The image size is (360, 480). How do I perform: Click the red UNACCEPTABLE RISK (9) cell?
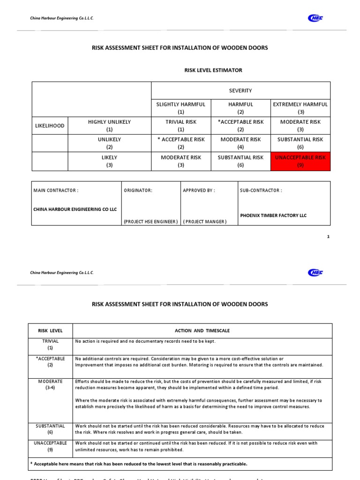click(x=300, y=161)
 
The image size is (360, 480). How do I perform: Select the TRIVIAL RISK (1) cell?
click(x=181, y=126)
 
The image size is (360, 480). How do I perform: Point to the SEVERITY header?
click(x=240, y=90)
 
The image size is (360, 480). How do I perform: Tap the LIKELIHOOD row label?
click(x=50, y=126)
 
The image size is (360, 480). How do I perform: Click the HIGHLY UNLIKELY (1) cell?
click(x=109, y=126)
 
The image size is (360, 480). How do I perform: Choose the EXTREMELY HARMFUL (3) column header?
click(x=300, y=108)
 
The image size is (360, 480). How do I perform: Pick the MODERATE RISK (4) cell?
click(x=240, y=143)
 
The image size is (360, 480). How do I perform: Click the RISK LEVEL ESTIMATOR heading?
click(x=213, y=70)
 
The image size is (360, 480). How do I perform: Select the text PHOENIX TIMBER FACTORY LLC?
click(x=273, y=215)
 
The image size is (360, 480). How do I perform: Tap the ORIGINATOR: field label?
click(x=138, y=190)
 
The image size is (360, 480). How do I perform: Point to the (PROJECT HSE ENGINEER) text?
click(x=150, y=221)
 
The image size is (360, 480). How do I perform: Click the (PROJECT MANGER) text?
click(x=204, y=221)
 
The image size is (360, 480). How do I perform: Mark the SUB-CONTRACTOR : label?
click(x=261, y=190)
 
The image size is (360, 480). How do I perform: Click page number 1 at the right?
click(x=329, y=237)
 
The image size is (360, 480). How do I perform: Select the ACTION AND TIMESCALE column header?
click(x=202, y=330)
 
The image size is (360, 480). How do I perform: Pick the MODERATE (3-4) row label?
click(x=50, y=385)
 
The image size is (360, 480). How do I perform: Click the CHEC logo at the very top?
click(x=315, y=18)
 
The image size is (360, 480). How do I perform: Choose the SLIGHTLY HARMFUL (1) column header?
click(x=181, y=108)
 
